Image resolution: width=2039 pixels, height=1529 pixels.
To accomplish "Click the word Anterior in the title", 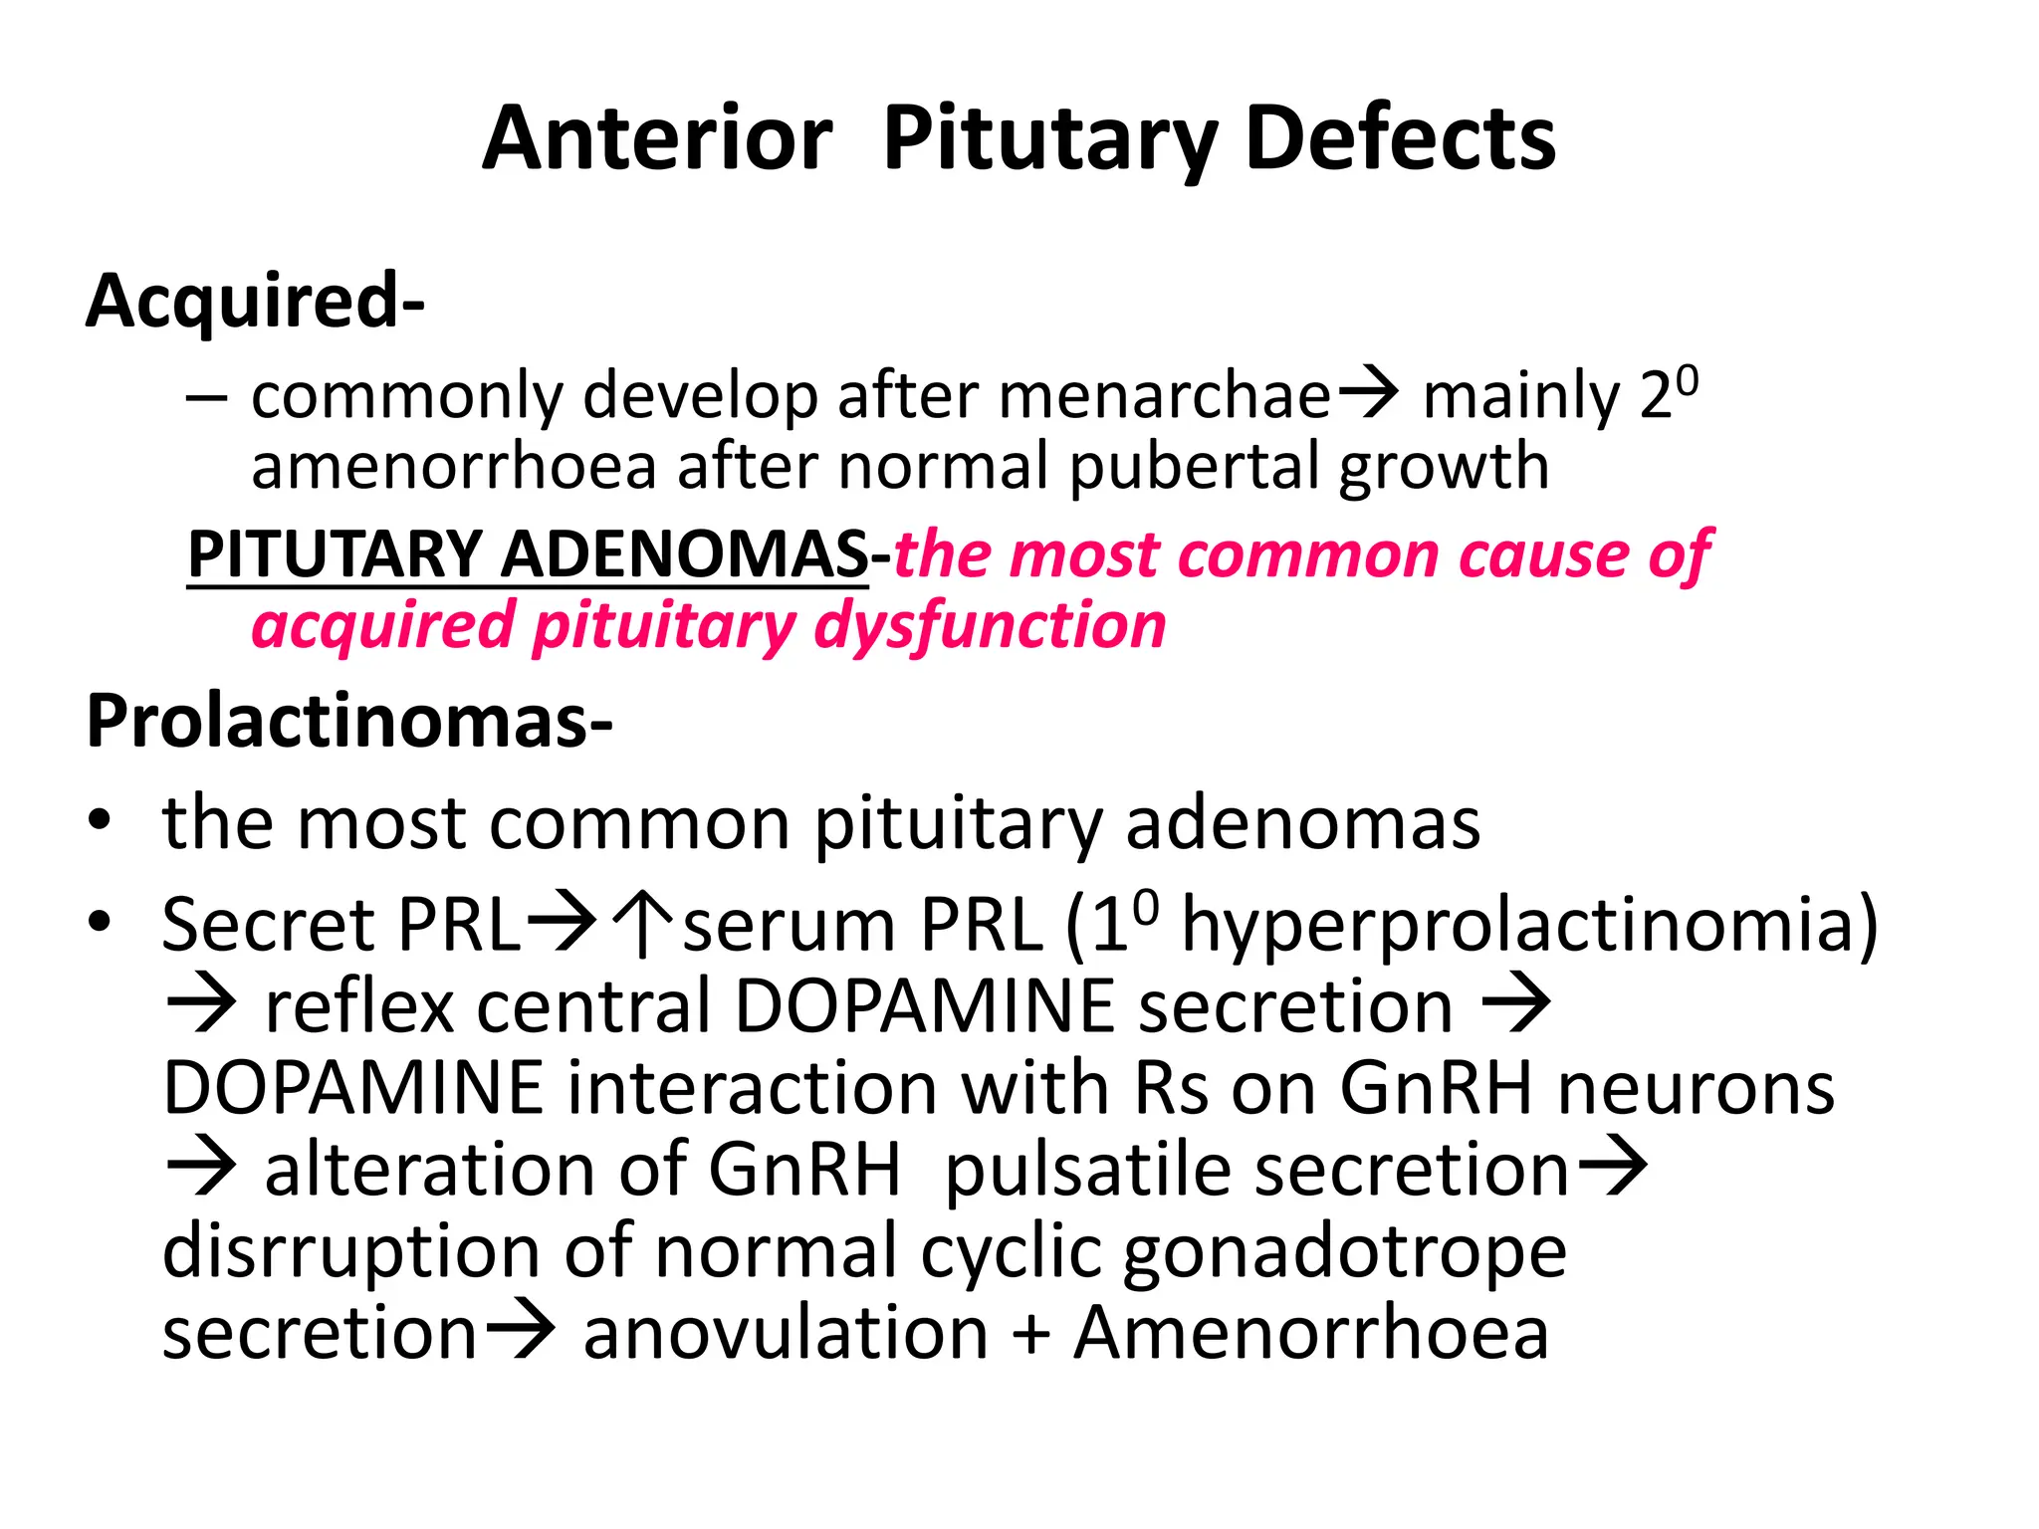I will (657, 138).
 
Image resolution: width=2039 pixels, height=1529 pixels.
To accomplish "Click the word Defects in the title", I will (1400, 138).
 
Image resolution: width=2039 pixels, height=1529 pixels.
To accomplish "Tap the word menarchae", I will (1164, 396).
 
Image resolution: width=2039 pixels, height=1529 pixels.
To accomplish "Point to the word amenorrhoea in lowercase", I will (453, 467).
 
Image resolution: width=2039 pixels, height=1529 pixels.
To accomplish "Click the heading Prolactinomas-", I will (349, 721).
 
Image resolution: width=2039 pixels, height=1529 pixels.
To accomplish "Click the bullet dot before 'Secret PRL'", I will (99, 923).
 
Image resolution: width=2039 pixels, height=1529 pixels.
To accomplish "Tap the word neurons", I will (1696, 1088).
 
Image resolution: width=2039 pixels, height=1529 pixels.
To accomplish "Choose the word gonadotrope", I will (1344, 1251).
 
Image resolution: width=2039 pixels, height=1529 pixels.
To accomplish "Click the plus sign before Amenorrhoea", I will (1031, 1333).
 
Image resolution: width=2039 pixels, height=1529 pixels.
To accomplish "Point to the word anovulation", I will (786, 1333).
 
